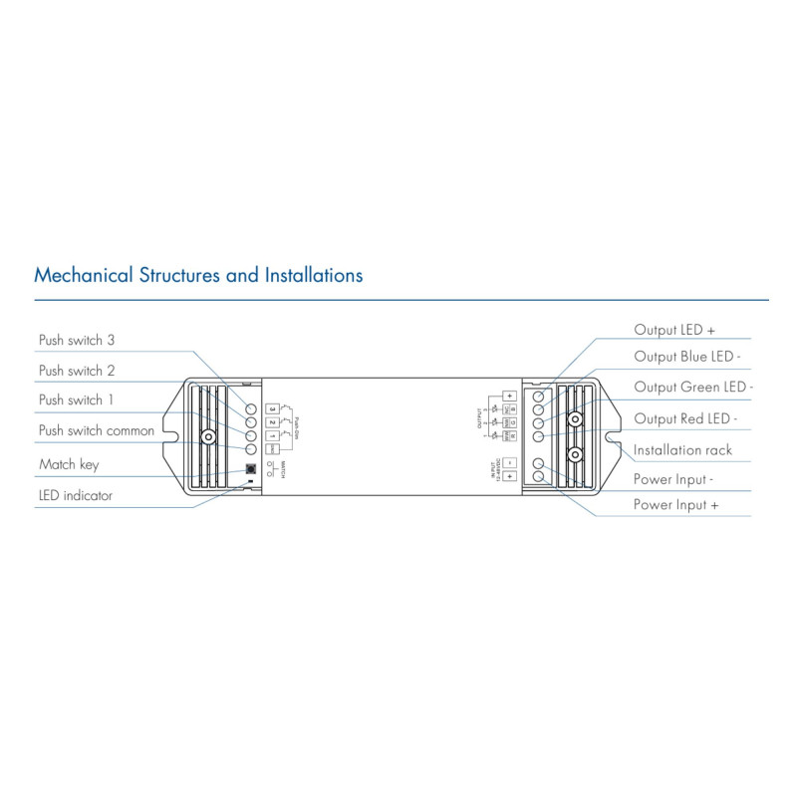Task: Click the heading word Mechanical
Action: (x=84, y=274)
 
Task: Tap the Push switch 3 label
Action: (x=77, y=340)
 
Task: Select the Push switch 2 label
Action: (x=77, y=370)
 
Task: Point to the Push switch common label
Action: (x=97, y=430)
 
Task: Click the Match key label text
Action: (x=69, y=464)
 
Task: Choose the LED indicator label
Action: (x=76, y=495)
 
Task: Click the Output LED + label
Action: (x=674, y=329)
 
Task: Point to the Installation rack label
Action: (x=682, y=449)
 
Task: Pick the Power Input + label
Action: (x=676, y=505)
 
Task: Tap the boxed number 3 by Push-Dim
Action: (x=271, y=408)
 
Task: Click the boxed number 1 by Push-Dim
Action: (x=271, y=435)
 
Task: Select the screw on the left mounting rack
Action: (x=209, y=436)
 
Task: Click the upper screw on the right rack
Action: (x=574, y=419)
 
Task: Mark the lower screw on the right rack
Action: (x=574, y=454)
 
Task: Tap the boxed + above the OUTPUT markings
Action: (x=508, y=396)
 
